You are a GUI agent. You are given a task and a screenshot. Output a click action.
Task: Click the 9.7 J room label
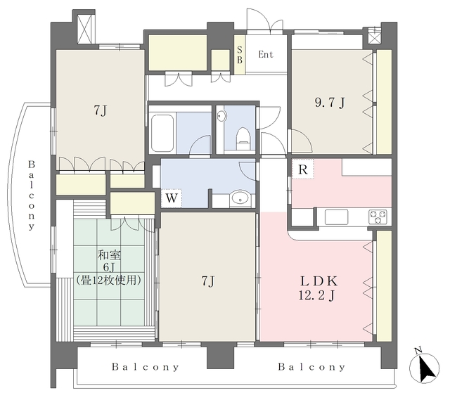pyautogui.click(x=330, y=103)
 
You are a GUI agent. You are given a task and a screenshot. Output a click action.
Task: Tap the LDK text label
pyautogui.click(x=319, y=281)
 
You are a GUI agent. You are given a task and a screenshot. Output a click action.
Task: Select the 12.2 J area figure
pyautogui.click(x=316, y=295)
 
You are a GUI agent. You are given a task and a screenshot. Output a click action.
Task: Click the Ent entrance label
pyautogui.click(x=266, y=54)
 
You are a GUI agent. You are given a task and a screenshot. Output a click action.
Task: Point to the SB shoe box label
pyautogui.click(x=239, y=55)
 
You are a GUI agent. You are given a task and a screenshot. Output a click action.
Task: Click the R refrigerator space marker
pyautogui.click(x=303, y=169)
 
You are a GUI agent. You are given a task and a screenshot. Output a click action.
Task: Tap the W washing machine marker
pyautogui.click(x=172, y=198)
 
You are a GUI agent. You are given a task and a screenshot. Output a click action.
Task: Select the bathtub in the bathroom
pyautogui.click(x=162, y=134)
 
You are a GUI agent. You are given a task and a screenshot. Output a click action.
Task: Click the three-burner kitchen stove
pyautogui.click(x=378, y=217)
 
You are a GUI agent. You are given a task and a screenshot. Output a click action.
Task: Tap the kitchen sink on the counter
pyautogui.click(x=336, y=217)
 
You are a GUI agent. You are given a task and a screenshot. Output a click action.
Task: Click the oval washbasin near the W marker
pyautogui.click(x=240, y=198)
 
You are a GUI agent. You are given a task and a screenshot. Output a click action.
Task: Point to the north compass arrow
pyautogui.click(x=424, y=368)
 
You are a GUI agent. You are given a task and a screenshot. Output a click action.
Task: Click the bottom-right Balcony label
pyautogui.click(x=311, y=367)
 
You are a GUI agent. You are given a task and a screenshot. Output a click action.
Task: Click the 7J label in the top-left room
pyautogui.click(x=100, y=110)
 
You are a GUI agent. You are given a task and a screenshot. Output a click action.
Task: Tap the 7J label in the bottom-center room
pyautogui.click(x=207, y=281)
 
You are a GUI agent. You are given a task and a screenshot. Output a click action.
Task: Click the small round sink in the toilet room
pyautogui.click(x=222, y=116)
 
